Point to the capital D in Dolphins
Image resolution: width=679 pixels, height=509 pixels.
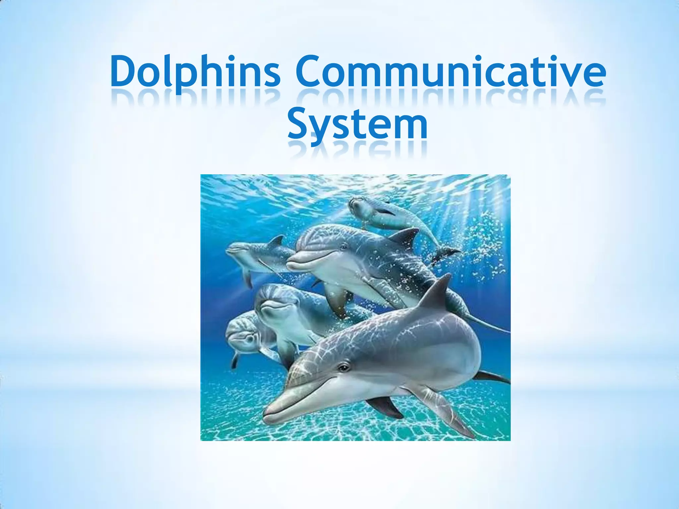(x=124, y=71)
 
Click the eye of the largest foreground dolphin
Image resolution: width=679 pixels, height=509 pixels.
(x=344, y=367)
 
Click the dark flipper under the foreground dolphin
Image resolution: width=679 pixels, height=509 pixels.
(x=385, y=406)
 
